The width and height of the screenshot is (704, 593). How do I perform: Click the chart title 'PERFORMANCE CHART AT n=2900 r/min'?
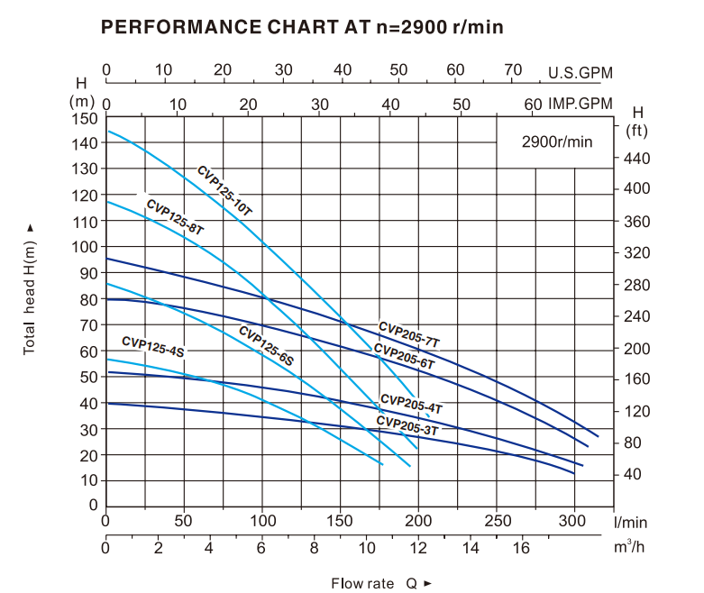[x=301, y=27]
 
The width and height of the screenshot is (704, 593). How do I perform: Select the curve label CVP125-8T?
[x=176, y=217]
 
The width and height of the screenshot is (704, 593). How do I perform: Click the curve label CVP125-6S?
[x=267, y=345]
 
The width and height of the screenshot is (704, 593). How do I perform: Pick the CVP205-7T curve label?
[x=409, y=334]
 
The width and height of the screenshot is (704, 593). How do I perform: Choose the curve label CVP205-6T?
[x=404, y=357]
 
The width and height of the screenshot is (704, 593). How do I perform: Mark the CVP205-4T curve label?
[x=411, y=403]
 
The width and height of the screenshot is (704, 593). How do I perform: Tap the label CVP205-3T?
[x=407, y=424]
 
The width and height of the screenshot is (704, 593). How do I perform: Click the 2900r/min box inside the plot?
[x=557, y=141]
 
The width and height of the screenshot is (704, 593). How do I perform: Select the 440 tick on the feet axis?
[x=636, y=158]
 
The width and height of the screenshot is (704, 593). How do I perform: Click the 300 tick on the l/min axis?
[x=574, y=521]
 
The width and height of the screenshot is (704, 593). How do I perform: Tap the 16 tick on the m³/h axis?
[x=521, y=548]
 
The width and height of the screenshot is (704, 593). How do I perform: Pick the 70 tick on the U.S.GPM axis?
[x=513, y=70]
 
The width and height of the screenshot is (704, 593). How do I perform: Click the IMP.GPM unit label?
[x=581, y=104]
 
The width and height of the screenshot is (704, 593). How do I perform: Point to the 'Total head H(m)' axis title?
[x=30, y=288]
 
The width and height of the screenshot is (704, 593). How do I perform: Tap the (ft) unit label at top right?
[x=637, y=131]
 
